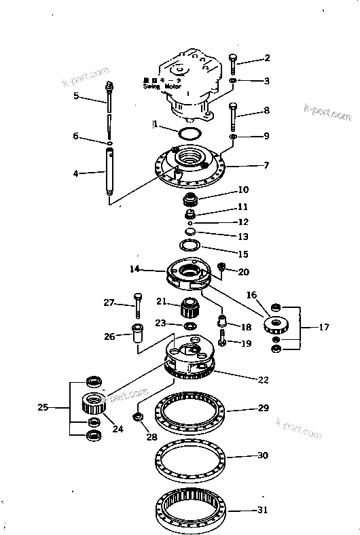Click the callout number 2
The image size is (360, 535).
pyautogui.click(x=267, y=58)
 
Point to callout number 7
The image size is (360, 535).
pyautogui.click(x=267, y=165)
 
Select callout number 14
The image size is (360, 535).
pyautogui.click(x=134, y=270)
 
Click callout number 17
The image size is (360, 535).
pyautogui.click(x=324, y=328)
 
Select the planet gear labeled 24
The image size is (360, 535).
pyautogui.click(x=91, y=406)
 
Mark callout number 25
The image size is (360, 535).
pyautogui.click(x=43, y=409)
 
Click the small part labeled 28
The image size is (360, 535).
pyautogui.click(x=138, y=417)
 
